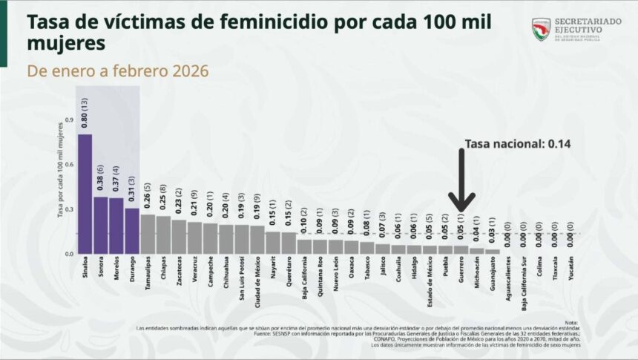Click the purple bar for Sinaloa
85,194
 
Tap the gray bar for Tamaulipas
148,234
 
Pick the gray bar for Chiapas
163,235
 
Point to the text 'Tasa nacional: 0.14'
517,145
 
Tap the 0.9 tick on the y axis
69,120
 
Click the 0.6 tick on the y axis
69,164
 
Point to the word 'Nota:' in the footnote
570,322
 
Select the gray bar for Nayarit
272,243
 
